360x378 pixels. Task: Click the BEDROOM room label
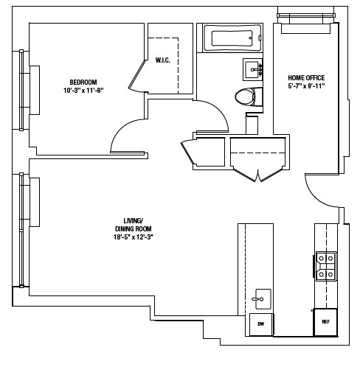point(83,82)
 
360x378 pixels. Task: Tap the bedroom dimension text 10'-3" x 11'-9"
point(83,91)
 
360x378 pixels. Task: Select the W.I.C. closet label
point(162,60)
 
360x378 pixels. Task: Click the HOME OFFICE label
point(306,77)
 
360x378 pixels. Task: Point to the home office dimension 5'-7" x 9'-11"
point(306,86)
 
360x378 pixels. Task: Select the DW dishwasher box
point(260,323)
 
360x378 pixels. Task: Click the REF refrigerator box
point(325,321)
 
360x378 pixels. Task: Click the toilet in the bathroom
point(246,96)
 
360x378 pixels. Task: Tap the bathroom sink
point(252,70)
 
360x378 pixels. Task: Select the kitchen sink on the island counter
point(260,299)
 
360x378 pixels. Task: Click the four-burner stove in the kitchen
point(325,266)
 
